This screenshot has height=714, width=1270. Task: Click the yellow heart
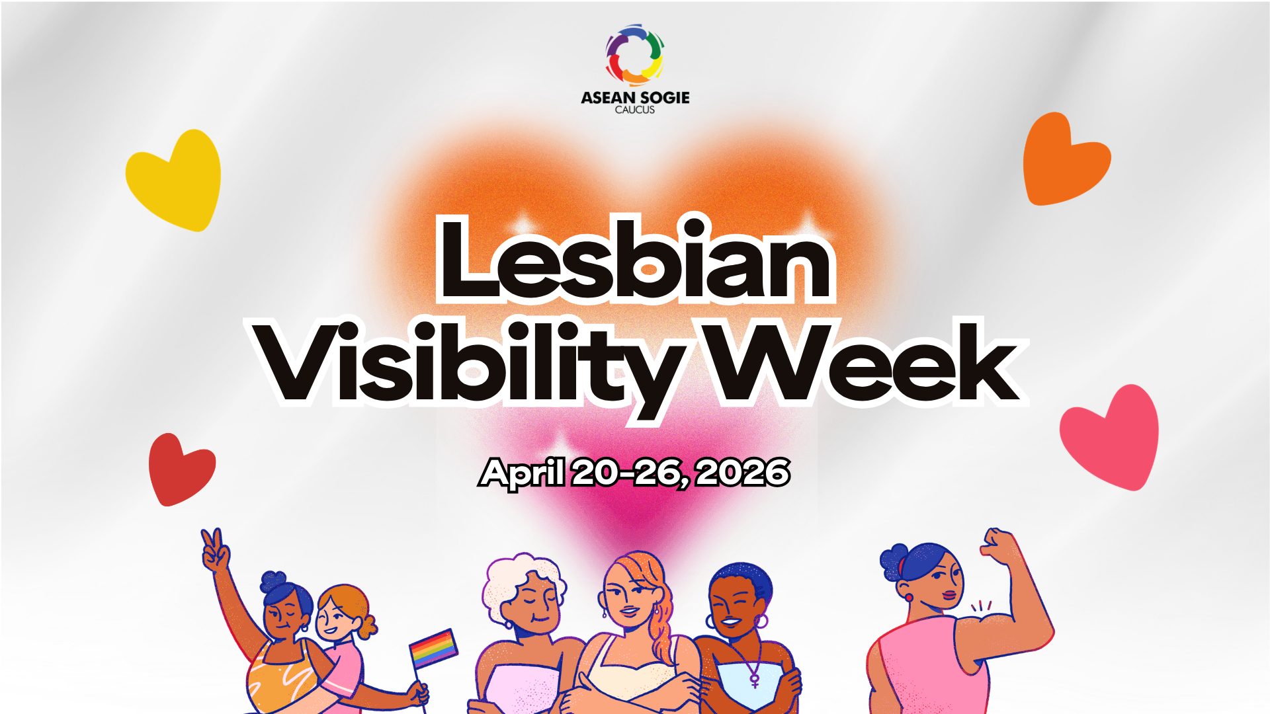(175, 180)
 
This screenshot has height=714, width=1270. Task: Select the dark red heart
(180, 469)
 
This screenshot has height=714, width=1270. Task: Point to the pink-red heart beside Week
(1112, 437)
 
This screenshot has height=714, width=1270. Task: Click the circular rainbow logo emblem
(635, 55)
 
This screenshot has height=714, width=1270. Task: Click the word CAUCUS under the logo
(635, 110)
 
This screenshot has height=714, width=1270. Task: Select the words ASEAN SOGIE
(635, 97)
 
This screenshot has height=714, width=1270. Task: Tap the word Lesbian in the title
(635, 259)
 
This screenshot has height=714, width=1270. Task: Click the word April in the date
(523, 473)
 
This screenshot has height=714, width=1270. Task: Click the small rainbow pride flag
(433, 648)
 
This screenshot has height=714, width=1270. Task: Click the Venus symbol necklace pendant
(754, 679)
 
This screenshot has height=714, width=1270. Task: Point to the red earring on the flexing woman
(909, 598)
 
